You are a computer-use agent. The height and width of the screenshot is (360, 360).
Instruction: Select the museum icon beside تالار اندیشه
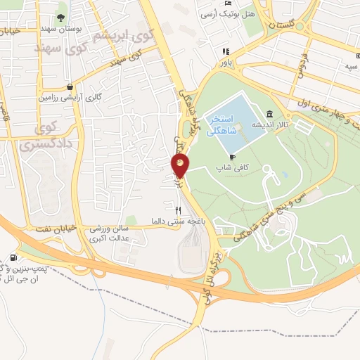[270, 114]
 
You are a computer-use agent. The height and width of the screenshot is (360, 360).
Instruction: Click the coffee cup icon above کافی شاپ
[232, 157]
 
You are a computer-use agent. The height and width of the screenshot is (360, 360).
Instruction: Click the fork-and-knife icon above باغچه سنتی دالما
[178, 210]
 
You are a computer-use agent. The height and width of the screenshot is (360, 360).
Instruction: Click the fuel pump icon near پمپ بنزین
[15, 258]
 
